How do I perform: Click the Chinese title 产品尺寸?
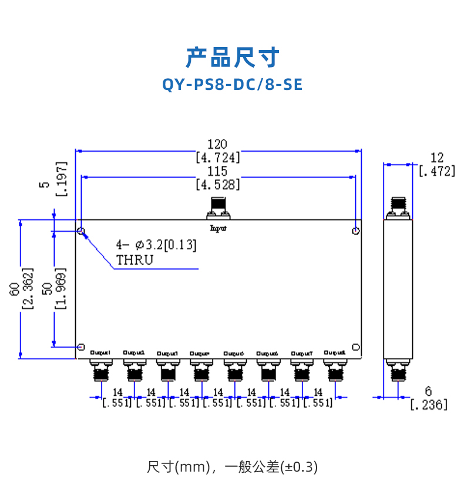coord(232,58)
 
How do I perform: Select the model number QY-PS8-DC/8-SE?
coord(232,85)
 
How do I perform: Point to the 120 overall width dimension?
coord(217,144)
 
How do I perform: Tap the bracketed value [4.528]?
coord(217,185)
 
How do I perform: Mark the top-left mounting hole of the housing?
coord(81,231)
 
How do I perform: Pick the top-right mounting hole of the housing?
coord(355,231)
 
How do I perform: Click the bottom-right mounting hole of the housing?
coord(355,347)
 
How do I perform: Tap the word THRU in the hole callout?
coord(135,259)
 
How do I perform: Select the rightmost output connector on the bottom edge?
coord(335,370)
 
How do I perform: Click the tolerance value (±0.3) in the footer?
coord(300,467)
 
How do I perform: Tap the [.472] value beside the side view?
coord(436,171)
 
